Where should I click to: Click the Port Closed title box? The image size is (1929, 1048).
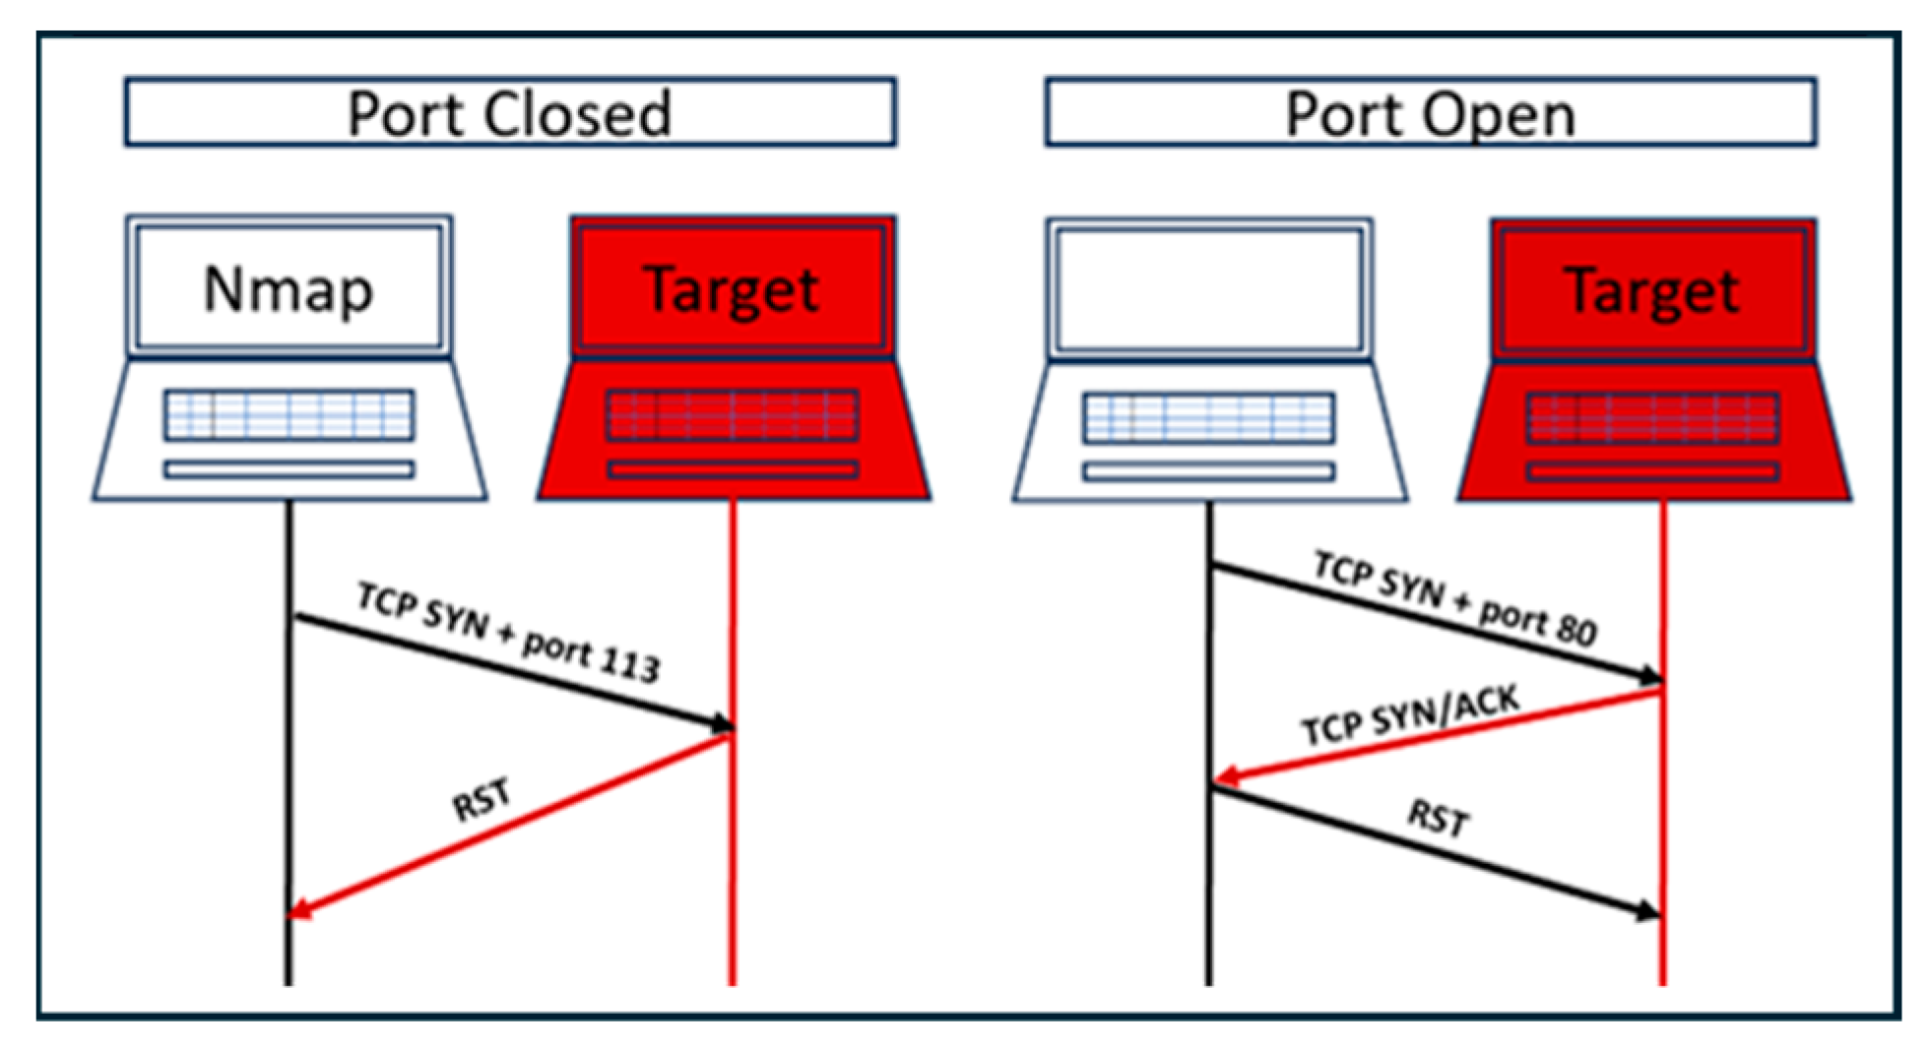pyautogui.click(x=509, y=113)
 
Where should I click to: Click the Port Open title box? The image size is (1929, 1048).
pyautogui.click(x=1430, y=114)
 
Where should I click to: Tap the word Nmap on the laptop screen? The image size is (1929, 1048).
pyautogui.click(x=289, y=289)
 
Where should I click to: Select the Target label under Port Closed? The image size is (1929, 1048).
pyautogui.click(x=732, y=289)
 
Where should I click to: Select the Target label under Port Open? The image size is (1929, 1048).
pyautogui.click(x=1652, y=291)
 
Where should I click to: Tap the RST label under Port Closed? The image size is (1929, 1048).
pyautogui.click(x=482, y=799)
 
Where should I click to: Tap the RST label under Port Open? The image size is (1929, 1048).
pyautogui.click(x=1438, y=817)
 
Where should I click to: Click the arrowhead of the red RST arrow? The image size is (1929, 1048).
pyautogui.click(x=298, y=910)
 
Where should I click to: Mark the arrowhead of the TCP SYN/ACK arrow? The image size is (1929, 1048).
pyautogui.click(x=1224, y=778)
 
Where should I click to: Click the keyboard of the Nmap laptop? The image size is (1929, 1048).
pyautogui.click(x=289, y=415)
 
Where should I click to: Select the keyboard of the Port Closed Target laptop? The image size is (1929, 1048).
pyautogui.click(x=732, y=415)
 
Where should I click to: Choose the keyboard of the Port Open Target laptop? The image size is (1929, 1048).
pyautogui.click(x=1652, y=417)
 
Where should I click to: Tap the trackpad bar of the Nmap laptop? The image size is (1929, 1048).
pyautogui.click(x=289, y=469)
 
